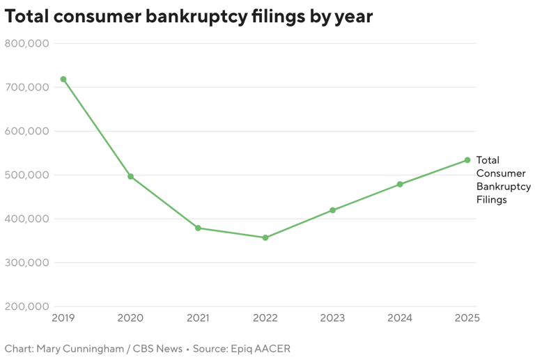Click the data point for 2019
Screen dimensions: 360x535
63,79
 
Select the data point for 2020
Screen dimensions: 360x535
130,176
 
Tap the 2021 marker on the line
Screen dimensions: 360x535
198,228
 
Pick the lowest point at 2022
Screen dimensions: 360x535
265,237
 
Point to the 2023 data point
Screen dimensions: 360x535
332,210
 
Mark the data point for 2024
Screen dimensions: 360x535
400,184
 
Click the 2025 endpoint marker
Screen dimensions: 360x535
467,160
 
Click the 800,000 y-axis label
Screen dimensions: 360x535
26,43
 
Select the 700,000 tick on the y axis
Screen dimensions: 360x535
26,87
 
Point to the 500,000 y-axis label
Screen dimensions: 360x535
26,175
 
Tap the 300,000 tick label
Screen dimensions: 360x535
26,263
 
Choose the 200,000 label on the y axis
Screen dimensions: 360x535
26,306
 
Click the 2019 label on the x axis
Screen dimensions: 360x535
63,318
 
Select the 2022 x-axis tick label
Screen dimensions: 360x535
265,318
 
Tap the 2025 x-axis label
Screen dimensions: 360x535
467,318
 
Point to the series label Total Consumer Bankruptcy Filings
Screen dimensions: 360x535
502,180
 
